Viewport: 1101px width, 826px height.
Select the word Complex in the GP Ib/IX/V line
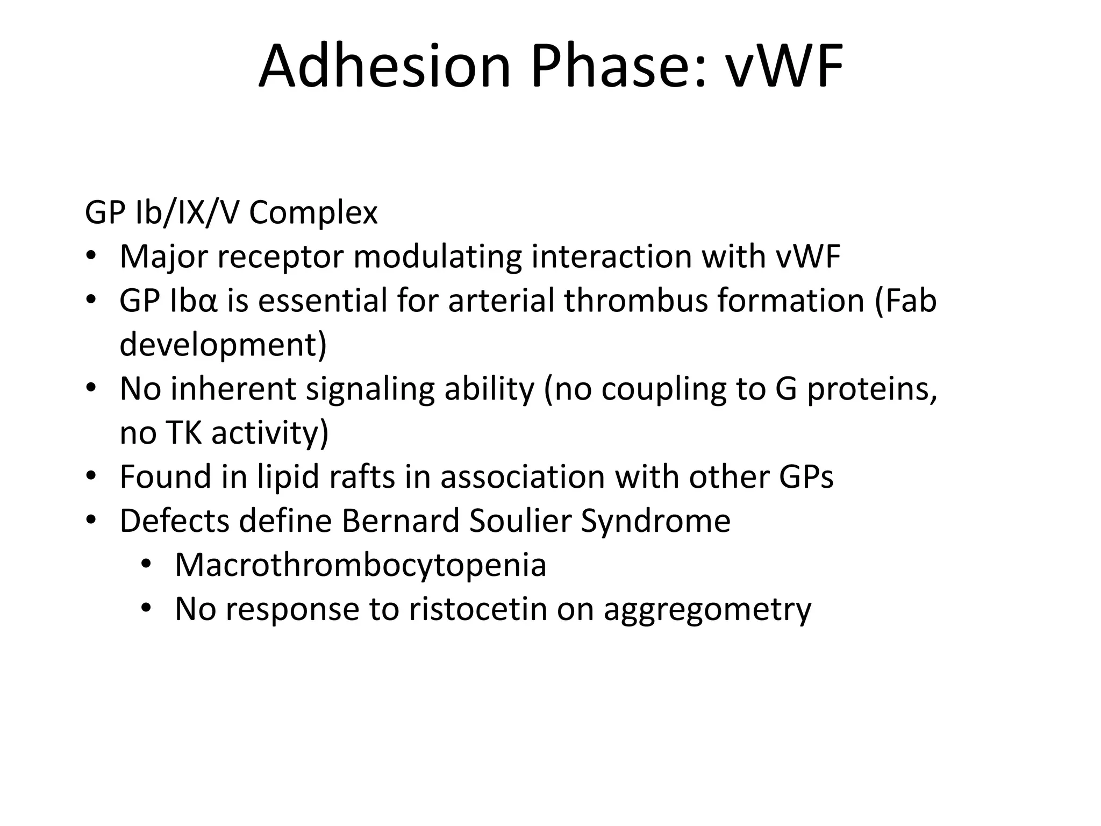tap(313, 213)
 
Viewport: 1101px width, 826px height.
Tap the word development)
tap(223, 345)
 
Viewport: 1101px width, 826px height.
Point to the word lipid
tap(288, 477)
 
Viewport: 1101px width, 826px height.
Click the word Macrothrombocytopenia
tap(360, 565)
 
